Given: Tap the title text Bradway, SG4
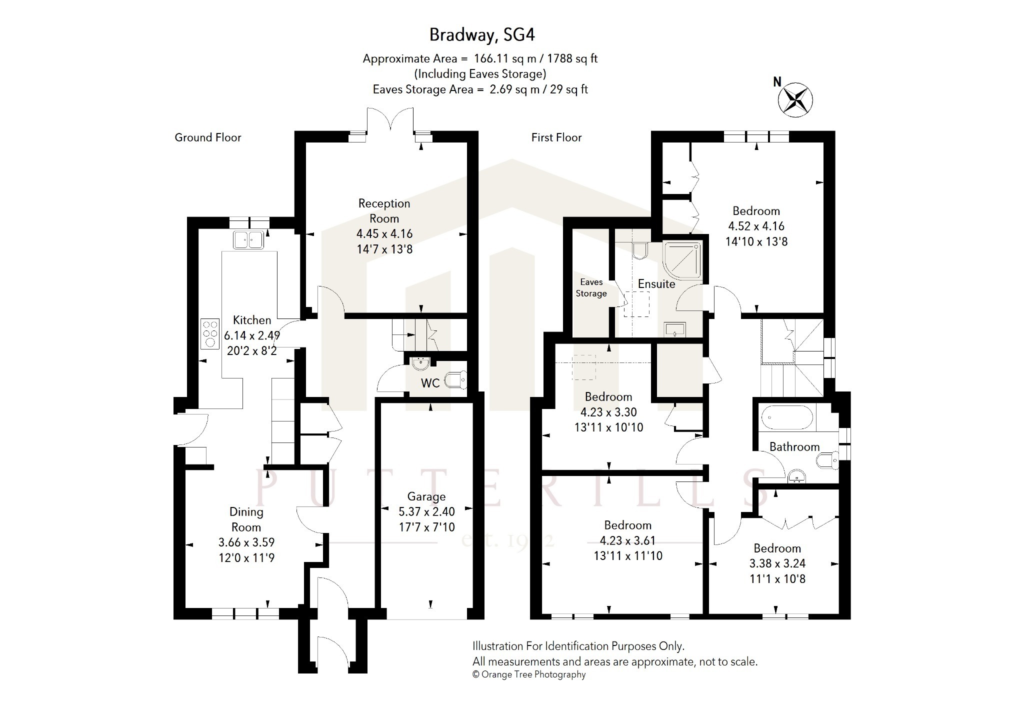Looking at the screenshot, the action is tap(482, 34).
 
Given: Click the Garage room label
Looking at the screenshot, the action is tap(426, 496).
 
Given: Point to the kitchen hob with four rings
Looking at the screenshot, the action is tap(210, 333).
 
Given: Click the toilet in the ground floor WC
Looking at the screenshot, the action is tap(455, 380).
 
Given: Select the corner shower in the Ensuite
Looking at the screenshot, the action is tap(683, 260).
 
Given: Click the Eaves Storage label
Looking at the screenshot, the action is tap(591, 287).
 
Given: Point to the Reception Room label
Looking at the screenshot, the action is tap(384, 210).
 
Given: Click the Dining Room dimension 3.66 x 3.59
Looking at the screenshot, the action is tap(246, 542).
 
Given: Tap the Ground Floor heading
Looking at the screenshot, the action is tap(208, 137).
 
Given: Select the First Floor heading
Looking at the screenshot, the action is tap(556, 137).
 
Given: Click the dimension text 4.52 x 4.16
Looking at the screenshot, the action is tap(756, 226).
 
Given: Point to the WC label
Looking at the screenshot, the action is tap(430, 383).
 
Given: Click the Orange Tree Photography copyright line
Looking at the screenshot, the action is tap(529, 674).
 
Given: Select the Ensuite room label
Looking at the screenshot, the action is tap(656, 284).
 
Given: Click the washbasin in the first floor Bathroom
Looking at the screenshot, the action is tap(796, 477).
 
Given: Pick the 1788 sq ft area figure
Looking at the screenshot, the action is tap(572, 58).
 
